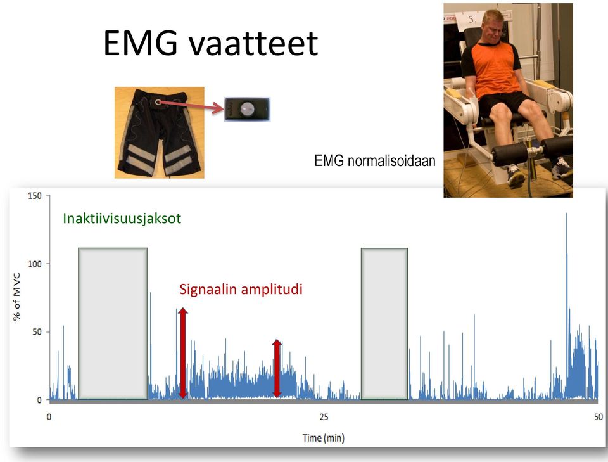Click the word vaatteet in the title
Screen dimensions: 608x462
(253, 42)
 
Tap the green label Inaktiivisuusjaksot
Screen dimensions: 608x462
(122, 219)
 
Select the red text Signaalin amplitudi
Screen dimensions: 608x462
(241, 290)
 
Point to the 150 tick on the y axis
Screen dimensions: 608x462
(35, 196)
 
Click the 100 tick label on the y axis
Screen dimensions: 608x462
(35, 264)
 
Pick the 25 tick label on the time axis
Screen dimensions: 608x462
(324, 417)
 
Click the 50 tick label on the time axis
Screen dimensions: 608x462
(598, 417)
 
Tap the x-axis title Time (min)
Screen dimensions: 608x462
(324, 439)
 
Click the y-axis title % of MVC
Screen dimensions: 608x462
(16, 297)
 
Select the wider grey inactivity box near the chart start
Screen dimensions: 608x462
(113, 323)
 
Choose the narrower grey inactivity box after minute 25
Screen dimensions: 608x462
(384, 323)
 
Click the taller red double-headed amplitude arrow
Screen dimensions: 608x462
(183, 353)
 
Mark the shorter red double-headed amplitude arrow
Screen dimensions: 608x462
(277, 368)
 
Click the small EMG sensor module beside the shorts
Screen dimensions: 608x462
(247, 110)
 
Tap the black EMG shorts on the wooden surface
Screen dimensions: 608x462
(160, 132)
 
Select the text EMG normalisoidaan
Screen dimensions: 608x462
(375, 160)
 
